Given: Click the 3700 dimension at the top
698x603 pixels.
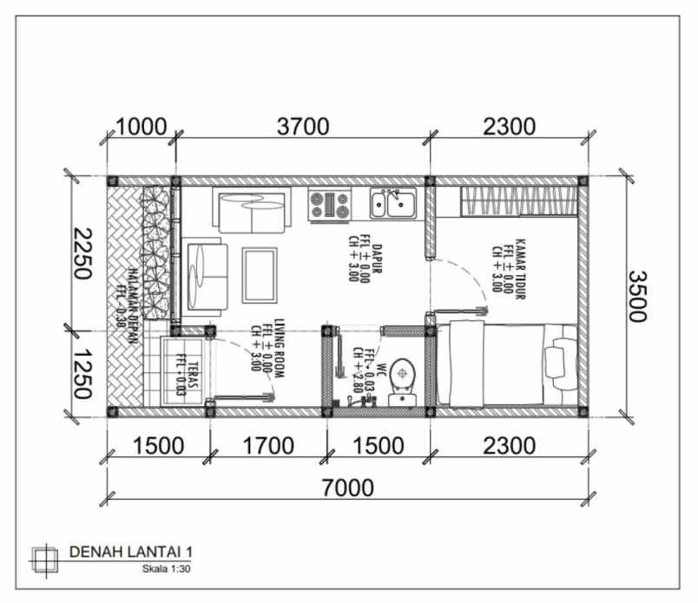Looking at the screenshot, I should (x=302, y=127).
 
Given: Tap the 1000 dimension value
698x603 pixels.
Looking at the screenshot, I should (x=142, y=127).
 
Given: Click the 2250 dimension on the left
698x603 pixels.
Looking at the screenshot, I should (x=83, y=253).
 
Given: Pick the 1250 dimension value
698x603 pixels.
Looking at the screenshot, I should (x=83, y=372).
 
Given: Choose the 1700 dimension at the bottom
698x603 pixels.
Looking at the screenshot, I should (x=267, y=447).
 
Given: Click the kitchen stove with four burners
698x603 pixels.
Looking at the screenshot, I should (x=330, y=205).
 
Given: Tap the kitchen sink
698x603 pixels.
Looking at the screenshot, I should (x=392, y=205).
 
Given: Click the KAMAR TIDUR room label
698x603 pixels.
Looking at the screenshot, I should (x=510, y=269).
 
